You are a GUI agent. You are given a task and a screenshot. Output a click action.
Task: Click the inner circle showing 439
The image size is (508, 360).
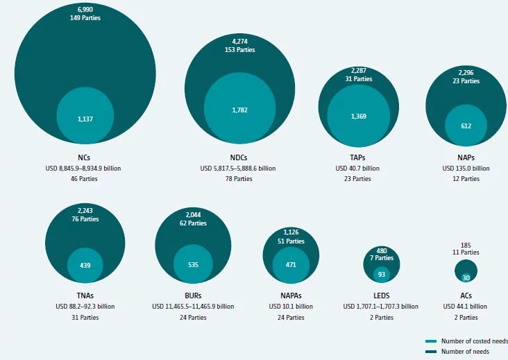click(x=85, y=265)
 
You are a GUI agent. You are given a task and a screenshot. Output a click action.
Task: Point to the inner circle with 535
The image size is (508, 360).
click(x=193, y=264)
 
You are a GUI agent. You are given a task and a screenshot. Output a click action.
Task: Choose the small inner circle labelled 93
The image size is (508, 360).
click(x=381, y=275)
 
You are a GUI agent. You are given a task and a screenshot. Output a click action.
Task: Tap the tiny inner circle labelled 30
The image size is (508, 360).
click(x=466, y=277)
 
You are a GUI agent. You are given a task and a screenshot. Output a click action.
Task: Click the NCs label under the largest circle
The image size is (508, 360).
click(x=85, y=157)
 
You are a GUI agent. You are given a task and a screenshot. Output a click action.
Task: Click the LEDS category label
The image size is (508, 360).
click(x=381, y=295)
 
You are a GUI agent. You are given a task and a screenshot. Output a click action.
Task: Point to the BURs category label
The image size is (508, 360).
click(x=193, y=295)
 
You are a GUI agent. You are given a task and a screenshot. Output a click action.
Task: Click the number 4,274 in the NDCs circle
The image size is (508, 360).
click(x=239, y=41)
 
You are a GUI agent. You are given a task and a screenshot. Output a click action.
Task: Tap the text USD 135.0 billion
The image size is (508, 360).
click(x=466, y=168)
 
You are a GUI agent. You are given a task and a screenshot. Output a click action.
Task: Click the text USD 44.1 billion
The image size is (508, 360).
click(x=466, y=307)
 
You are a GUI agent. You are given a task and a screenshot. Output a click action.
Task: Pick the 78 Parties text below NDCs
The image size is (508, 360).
click(x=238, y=179)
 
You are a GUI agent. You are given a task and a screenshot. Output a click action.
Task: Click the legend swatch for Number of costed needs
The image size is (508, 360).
click(x=430, y=341)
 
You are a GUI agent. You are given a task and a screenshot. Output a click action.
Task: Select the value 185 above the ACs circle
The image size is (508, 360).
click(x=466, y=246)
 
